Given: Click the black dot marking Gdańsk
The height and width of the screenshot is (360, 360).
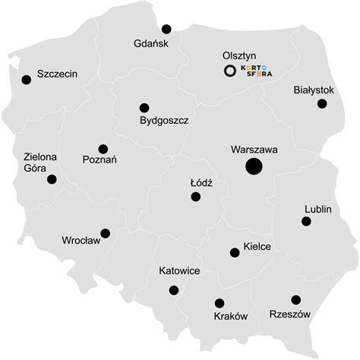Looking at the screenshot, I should [166, 29].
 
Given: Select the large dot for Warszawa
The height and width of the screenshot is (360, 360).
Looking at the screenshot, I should [254, 167].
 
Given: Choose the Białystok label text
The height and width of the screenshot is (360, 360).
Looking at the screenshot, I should [314, 90].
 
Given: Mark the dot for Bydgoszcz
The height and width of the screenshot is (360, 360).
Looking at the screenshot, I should [144, 108].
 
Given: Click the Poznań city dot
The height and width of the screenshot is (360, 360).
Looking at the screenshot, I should [103, 149].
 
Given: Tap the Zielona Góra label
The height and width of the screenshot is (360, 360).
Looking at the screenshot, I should [40, 163].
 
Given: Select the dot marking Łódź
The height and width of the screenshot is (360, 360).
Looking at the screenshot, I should [196, 197].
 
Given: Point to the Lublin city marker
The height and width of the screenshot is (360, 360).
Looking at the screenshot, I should [306, 221].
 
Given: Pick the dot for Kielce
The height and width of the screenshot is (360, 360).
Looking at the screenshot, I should [234, 253].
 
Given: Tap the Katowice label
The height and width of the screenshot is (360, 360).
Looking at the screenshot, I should [179, 270].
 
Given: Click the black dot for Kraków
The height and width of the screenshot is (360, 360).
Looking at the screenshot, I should [219, 303].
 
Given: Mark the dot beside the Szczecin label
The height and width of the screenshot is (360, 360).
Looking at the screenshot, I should [27, 79].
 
